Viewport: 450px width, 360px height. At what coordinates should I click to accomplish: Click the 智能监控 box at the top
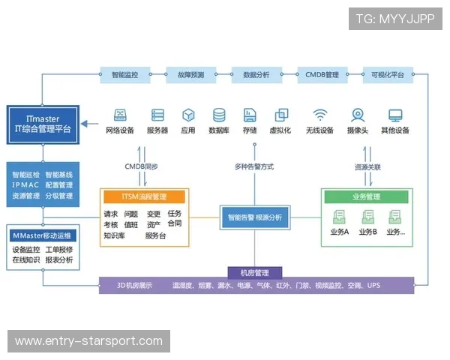click(x=124, y=75)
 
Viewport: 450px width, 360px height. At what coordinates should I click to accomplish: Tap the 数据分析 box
click(x=256, y=75)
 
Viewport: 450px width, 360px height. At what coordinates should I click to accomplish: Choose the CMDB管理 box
click(x=322, y=75)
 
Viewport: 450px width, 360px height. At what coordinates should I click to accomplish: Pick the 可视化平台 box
click(x=387, y=75)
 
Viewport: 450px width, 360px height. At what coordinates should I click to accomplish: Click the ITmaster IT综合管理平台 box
click(x=43, y=123)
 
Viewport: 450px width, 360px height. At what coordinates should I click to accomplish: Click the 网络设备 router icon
click(x=120, y=115)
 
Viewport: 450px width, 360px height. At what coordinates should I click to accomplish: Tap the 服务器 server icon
click(x=157, y=115)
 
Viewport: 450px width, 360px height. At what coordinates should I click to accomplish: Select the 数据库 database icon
click(x=219, y=115)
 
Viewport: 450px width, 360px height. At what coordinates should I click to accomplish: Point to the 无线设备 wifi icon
click(x=320, y=115)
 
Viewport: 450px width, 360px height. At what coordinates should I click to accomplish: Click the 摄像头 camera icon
click(x=358, y=115)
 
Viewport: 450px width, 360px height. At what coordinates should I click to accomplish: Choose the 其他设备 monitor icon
click(x=395, y=115)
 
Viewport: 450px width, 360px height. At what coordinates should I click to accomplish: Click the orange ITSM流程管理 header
click(x=144, y=196)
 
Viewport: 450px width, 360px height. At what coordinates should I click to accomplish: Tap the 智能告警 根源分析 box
click(x=255, y=217)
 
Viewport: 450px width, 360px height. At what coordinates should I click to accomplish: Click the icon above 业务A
click(x=339, y=217)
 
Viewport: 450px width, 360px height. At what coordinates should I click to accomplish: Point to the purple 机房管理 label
click(x=255, y=273)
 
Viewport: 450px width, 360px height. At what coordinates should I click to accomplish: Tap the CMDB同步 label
click(x=140, y=166)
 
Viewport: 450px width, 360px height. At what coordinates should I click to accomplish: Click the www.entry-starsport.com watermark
click(x=89, y=342)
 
